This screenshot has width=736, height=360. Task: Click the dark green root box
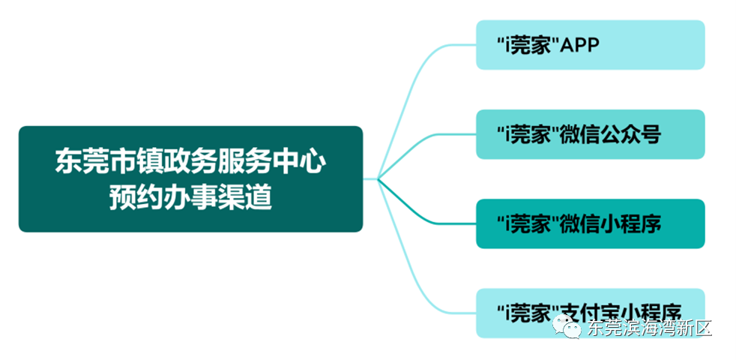click(190, 178)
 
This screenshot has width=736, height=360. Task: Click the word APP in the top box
click(581, 46)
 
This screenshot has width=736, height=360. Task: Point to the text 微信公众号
click(610, 135)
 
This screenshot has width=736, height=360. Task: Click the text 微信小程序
click(610, 223)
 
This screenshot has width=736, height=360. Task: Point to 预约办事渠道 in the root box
click(190, 198)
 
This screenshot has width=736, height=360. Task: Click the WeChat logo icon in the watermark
click(567, 328)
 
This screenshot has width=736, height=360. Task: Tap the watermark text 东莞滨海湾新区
click(649, 328)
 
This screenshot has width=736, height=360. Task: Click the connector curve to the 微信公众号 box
click(427, 142)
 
